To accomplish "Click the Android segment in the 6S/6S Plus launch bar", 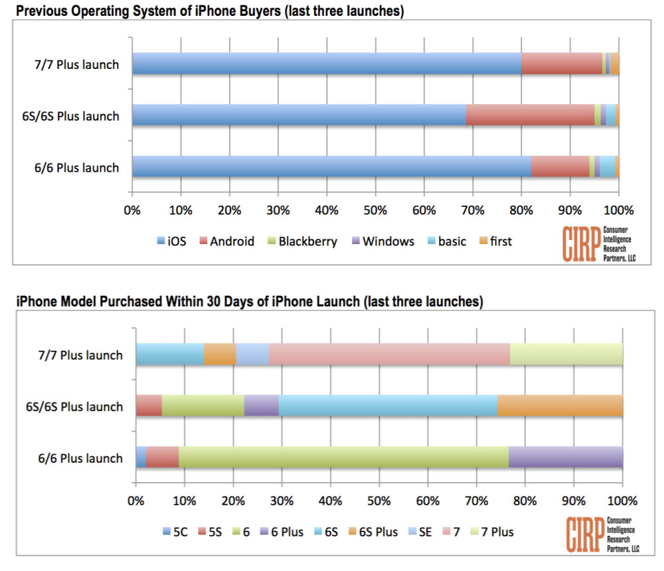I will click(x=530, y=115).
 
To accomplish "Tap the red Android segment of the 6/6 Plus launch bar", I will click(x=560, y=166).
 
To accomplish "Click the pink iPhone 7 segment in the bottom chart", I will click(x=389, y=354).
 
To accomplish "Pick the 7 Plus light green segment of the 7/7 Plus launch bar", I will click(x=566, y=354).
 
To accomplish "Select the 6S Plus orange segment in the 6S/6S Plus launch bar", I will click(x=560, y=406).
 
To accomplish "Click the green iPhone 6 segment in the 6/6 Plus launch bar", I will click(x=343, y=457).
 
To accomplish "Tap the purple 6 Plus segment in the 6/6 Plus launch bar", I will click(x=566, y=457).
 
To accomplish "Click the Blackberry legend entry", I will click(x=301, y=241).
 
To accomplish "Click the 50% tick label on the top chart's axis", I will click(x=375, y=212).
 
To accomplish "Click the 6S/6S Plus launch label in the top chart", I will click(x=70, y=116).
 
